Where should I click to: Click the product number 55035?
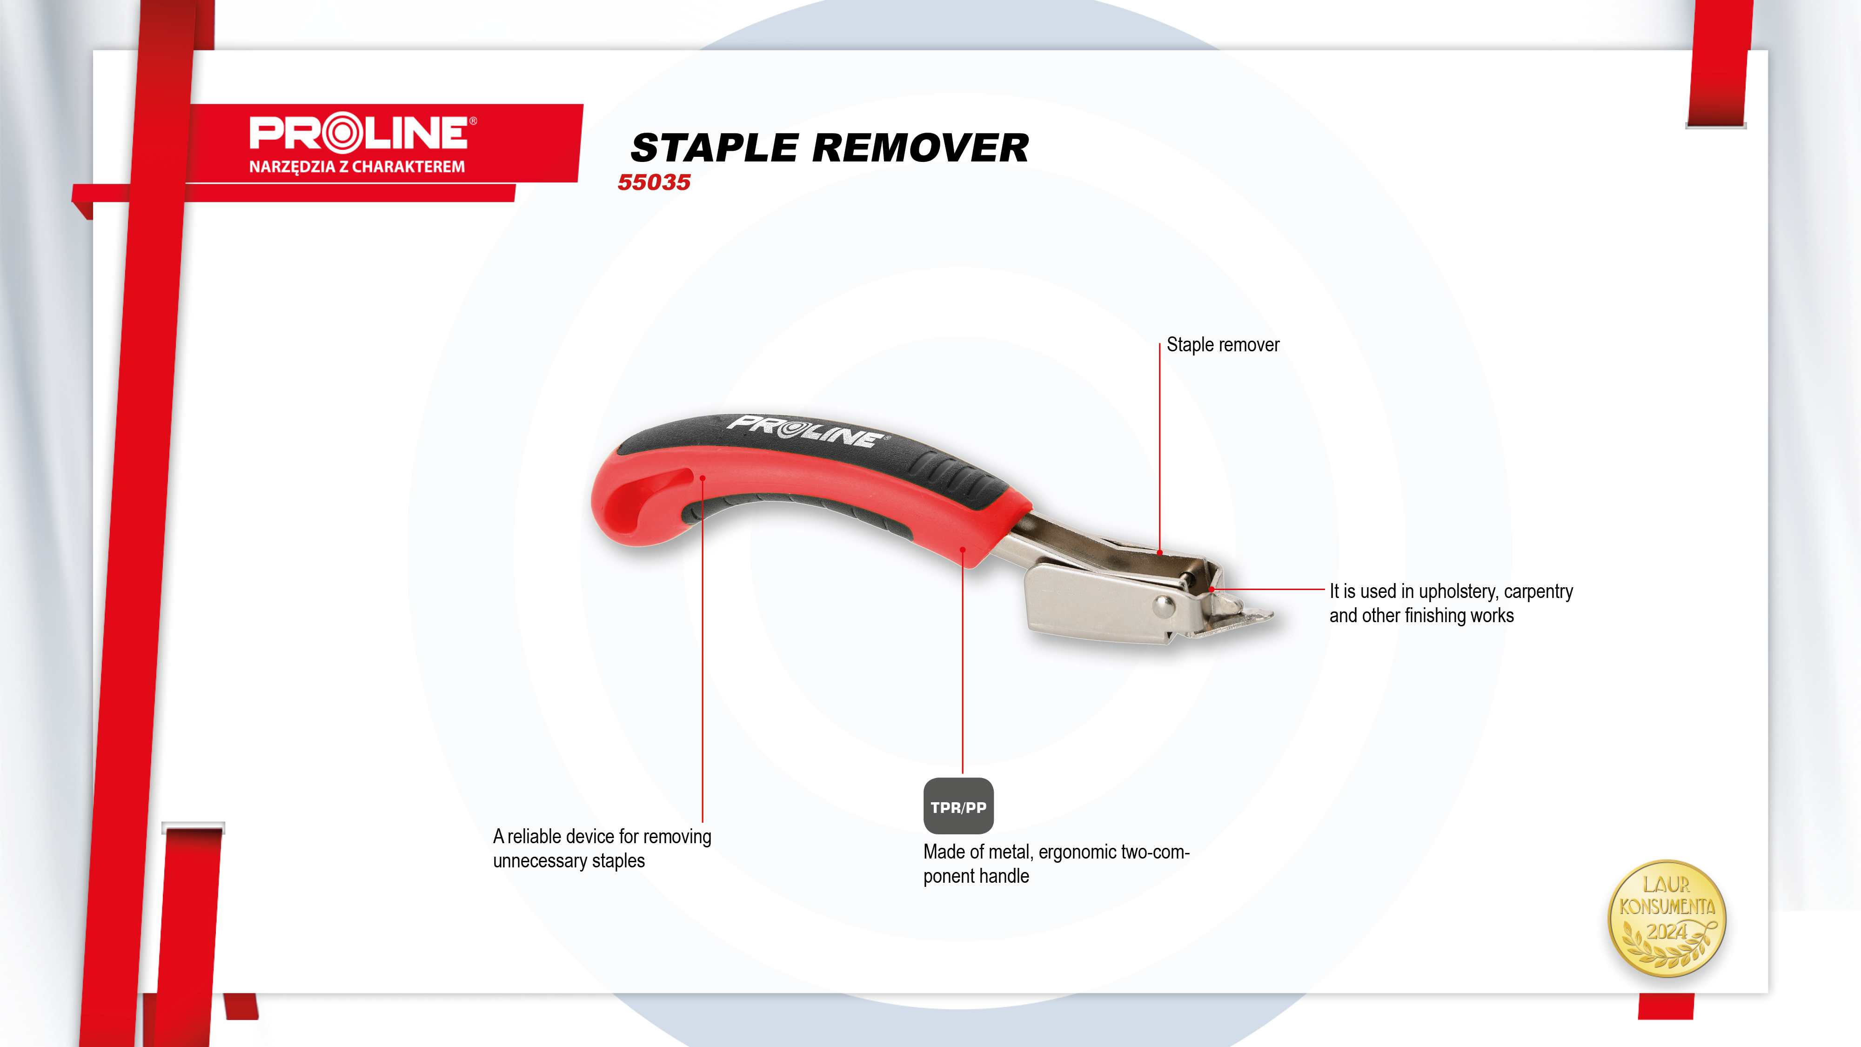coord(654,182)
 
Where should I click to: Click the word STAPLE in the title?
coord(715,148)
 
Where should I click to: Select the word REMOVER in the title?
coord(920,148)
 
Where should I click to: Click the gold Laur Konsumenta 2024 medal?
coord(1667,919)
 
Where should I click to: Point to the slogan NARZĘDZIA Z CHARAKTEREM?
coord(357,167)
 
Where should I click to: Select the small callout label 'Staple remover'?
coord(1223,345)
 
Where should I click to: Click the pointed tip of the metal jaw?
coord(1272,615)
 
